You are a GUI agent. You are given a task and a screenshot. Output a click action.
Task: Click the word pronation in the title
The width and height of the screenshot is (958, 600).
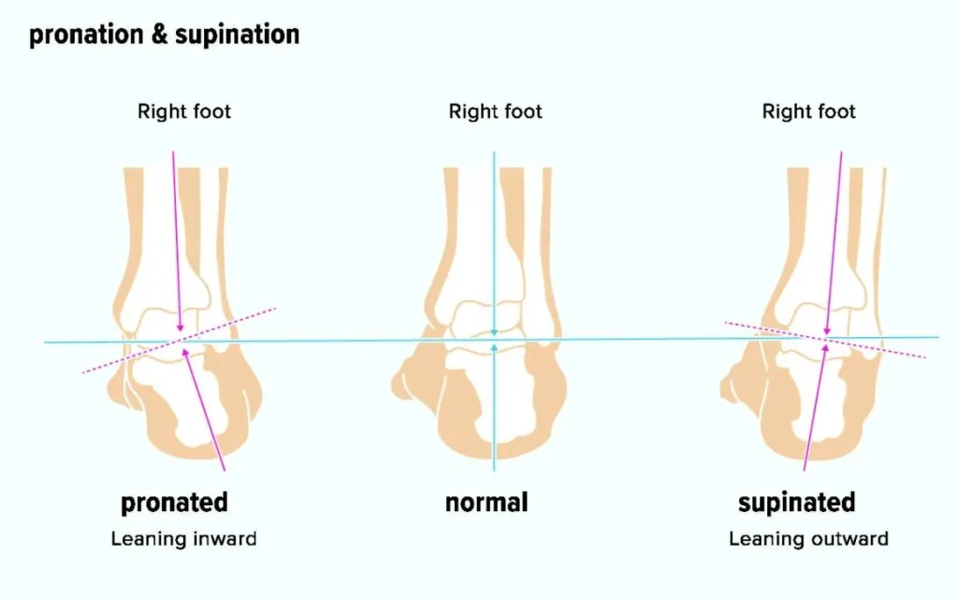pos(86,35)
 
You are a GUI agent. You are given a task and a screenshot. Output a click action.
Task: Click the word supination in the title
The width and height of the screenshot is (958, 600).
pos(237,35)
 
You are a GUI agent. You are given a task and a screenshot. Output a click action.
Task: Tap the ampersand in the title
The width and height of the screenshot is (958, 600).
pos(159,35)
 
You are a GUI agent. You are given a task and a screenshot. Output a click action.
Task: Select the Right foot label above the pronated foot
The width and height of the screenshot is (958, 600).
pos(184,111)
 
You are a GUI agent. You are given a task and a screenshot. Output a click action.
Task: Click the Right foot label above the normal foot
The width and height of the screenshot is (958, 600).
pos(495,111)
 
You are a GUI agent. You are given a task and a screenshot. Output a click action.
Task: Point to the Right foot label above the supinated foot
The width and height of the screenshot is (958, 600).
pos(808,111)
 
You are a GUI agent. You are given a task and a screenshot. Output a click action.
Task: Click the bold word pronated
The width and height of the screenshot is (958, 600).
pos(174,503)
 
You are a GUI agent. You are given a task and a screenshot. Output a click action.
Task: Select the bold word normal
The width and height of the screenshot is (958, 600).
pos(486,503)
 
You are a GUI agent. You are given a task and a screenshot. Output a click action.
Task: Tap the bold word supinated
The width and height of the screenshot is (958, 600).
pos(797,503)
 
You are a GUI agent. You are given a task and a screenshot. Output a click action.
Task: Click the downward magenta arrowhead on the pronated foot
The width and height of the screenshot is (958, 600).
pos(180,328)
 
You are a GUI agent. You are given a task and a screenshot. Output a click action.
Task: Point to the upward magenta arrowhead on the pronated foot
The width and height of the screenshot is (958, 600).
pos(184,353)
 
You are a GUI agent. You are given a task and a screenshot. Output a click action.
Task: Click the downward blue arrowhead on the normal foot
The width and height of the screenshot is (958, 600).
pos(494,331)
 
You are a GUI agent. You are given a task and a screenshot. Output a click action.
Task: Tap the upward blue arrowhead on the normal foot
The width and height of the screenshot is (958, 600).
pos(494,347)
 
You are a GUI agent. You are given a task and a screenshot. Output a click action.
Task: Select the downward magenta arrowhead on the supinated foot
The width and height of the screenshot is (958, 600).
pos(827,330)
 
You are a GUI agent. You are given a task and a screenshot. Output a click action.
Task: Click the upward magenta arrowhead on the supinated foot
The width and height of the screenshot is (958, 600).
pos(825,348)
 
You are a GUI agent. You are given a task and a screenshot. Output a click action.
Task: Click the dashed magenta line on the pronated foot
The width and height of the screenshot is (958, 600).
pos(179,341)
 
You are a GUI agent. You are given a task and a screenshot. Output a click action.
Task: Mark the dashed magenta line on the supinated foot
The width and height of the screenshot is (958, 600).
pos(825,340)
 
